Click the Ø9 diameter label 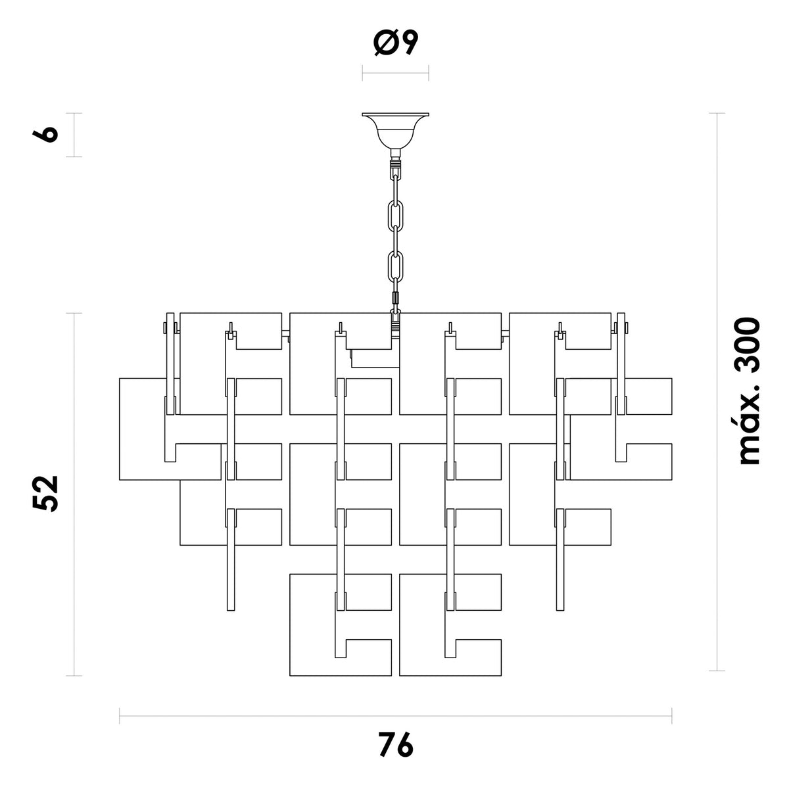click(396, 43)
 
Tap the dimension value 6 click(45, 134)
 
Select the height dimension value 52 click(45, 493)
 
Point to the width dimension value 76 click(396, 744)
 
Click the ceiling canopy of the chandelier click(395, 130)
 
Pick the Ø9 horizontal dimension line click(395, 73)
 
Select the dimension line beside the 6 click(74, 135)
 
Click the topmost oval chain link click(395, 216)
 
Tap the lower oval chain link click(395, 267)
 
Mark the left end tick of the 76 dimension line click(120, 716)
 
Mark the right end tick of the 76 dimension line click(672, 716)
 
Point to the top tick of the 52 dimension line click(74, 313)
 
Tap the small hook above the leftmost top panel click(231, 330)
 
